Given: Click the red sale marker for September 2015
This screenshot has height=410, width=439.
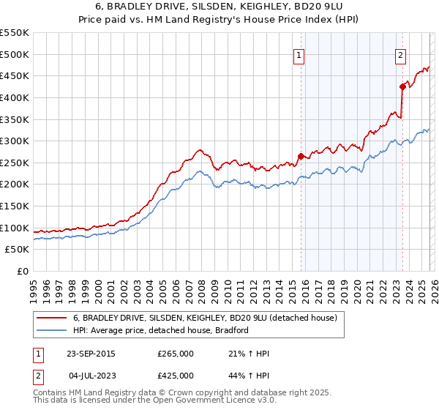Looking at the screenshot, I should [x=301, y=156].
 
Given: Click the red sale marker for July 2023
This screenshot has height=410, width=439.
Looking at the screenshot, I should [x=402, y=86].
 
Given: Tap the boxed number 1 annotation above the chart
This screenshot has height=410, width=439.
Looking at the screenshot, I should [x=300, y=53].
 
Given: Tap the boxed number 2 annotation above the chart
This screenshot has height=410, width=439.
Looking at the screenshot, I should [x=401, y=53].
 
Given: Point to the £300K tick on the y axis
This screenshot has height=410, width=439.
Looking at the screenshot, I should [x=15, y=141].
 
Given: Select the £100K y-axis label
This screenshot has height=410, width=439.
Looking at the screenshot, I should [x=15, y=228].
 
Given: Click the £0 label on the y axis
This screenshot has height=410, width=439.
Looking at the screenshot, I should [x=22, y=271].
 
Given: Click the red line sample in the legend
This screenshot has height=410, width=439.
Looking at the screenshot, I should [x=52, y=318].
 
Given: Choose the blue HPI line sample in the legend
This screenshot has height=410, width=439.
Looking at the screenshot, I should [x=52, y=331].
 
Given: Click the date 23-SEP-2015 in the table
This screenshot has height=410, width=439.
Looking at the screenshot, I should [x=91, y=354].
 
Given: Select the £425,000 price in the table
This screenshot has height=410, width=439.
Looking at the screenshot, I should [x=176, y=375].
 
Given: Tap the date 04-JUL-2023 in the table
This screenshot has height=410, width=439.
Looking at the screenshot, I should [x=91, y=375].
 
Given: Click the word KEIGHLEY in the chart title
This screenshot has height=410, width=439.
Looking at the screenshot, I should [x=250, y=7].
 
